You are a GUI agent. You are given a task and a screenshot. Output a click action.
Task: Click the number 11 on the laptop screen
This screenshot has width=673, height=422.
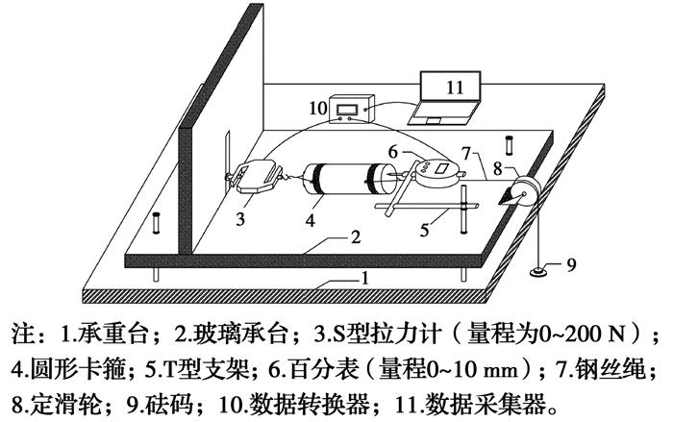(x=455, y=86)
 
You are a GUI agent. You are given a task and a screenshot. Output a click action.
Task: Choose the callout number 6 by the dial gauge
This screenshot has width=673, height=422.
(x=395, y=151)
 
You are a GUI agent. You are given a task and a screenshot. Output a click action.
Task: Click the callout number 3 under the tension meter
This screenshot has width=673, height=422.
(x=240, y=219)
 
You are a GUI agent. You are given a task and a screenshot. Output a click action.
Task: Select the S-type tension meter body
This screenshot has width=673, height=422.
(x=256, y=175)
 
